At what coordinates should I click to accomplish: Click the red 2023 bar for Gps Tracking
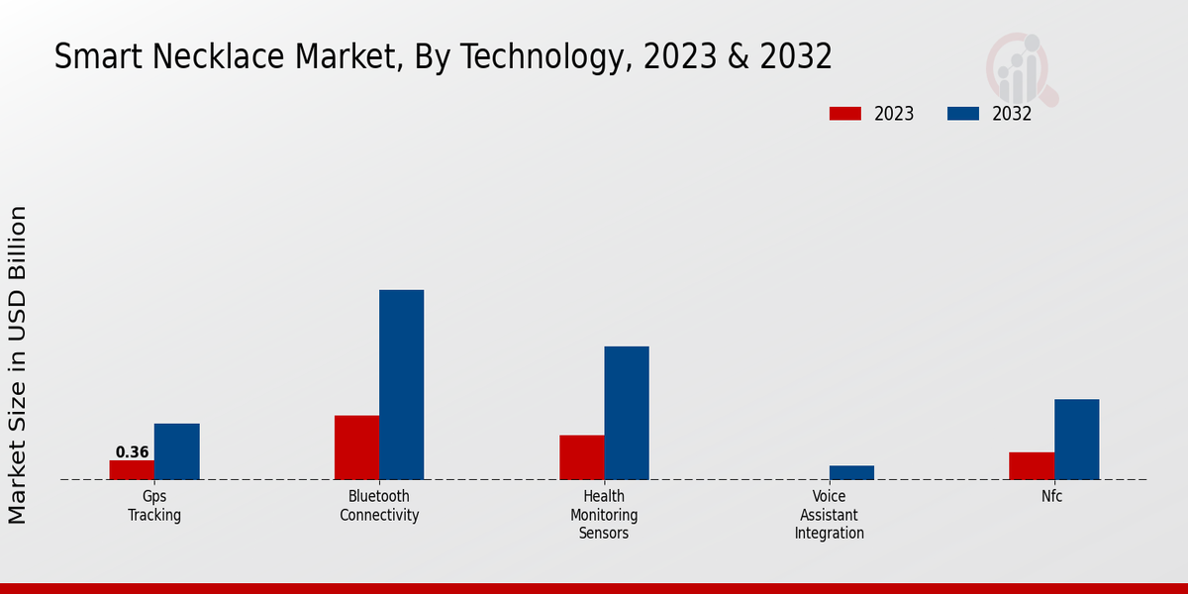(x=132, y=470)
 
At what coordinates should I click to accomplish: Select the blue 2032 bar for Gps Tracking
(x=176, y=451)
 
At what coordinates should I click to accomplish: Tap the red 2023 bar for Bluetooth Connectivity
(x=356, y=447)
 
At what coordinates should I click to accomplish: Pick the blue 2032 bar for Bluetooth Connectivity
(x=401, y=385)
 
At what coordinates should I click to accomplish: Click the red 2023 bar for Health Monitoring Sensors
(x=581, y=457)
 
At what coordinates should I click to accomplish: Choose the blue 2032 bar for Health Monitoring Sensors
(x=627, y=413)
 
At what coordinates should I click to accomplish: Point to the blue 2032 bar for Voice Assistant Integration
(x=851, y=472)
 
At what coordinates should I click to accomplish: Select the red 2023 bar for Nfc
(x=1032, y=466)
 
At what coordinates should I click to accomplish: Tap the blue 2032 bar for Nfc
(x=1076, y=440)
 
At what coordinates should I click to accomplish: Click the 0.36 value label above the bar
(x=132, y=452)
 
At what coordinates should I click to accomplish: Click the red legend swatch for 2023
(x=845, y=114)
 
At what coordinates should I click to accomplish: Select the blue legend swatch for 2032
(x=963, y=114)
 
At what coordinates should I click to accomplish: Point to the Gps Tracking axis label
(x=154, y=506)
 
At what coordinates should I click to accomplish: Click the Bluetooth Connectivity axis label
(x=379, y=506)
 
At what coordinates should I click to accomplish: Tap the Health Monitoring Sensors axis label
(x=604, y=515)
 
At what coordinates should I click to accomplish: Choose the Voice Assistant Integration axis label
(x=830, y=515)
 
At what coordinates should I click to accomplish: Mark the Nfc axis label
(x=1051, y=497)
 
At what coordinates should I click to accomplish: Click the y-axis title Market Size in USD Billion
(x=18, y=364)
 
